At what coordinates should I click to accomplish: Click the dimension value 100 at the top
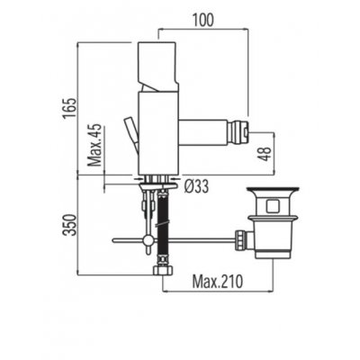click(x=203, y=19)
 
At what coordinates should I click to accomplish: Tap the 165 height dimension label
click(x=69, y=108)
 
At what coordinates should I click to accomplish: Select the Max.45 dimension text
click(x=96, y=146)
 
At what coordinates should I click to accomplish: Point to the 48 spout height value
click(x=265, y=154)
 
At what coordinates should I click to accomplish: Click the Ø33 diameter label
click(x=196, y=187)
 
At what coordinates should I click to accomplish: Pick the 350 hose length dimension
click(x=71, y=225)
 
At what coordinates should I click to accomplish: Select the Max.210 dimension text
click(x=217, y=282)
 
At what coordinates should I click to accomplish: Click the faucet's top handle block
click(x=157, y=67)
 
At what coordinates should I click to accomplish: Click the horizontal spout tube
click(x=202, y=132)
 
